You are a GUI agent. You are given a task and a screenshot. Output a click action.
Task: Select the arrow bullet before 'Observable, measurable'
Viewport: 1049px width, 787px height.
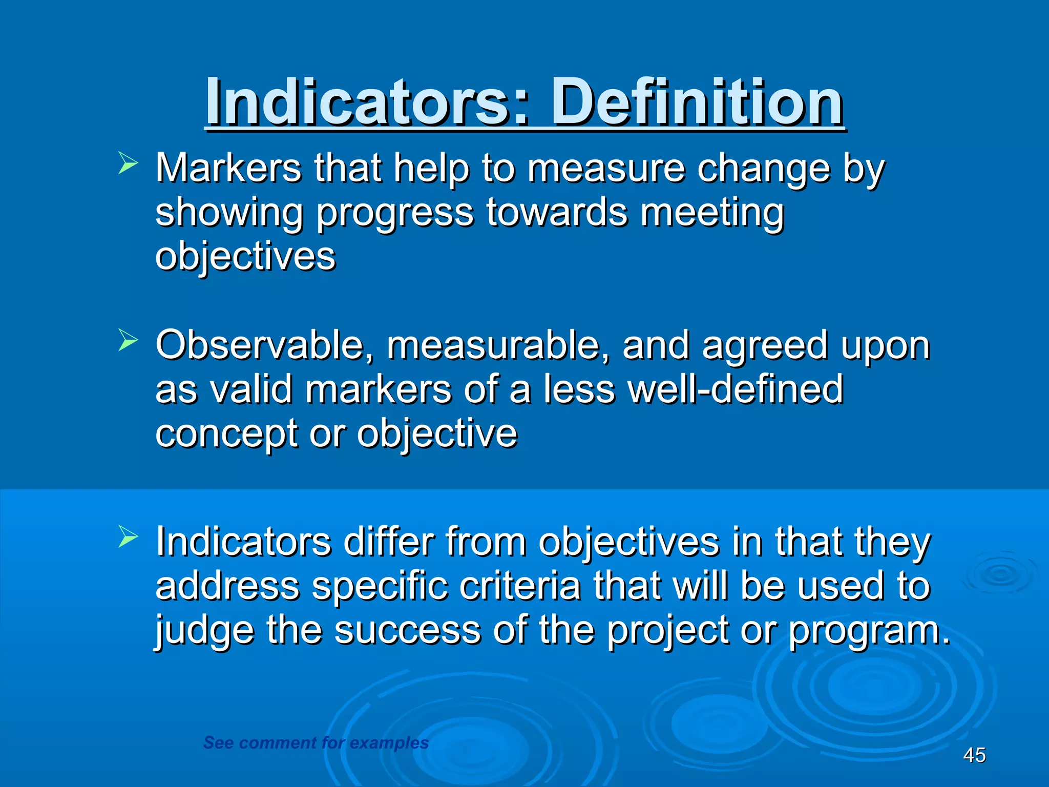(x=128, y=340)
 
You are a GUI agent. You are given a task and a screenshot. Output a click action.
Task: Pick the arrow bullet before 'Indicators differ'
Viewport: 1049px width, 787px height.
(x=128, y=536)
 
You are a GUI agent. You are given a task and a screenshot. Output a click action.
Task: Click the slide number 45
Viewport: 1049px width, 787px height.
(x=974, y=755)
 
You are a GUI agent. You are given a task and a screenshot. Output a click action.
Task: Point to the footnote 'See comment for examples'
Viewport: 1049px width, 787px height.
(x=316, y=742)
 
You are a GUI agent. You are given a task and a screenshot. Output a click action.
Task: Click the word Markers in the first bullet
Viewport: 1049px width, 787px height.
(x=228, y=168)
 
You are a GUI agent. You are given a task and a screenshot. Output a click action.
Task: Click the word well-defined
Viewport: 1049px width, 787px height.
(x=736, y=389)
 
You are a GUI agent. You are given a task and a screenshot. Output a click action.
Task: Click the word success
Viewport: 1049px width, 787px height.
(x=407, y=630)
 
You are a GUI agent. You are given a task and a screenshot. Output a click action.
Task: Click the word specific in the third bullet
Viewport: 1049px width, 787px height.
(x=380, y=587)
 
